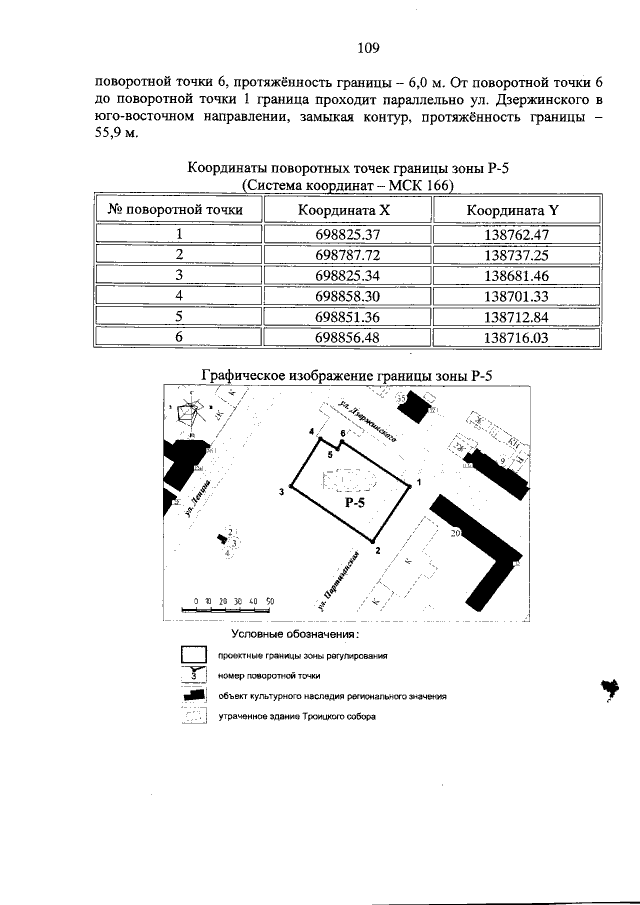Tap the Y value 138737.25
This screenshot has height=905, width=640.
(x=518, y=254)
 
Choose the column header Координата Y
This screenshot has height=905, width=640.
(x=518, y=210)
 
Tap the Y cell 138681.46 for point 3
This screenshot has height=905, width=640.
(x=518, y=275)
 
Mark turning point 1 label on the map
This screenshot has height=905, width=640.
(x=418, y=483)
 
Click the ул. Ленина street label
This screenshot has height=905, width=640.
(x=198, y=495)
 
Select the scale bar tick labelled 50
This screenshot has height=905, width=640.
(x=270, y=601)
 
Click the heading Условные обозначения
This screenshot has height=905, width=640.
(x=295, y=635)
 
